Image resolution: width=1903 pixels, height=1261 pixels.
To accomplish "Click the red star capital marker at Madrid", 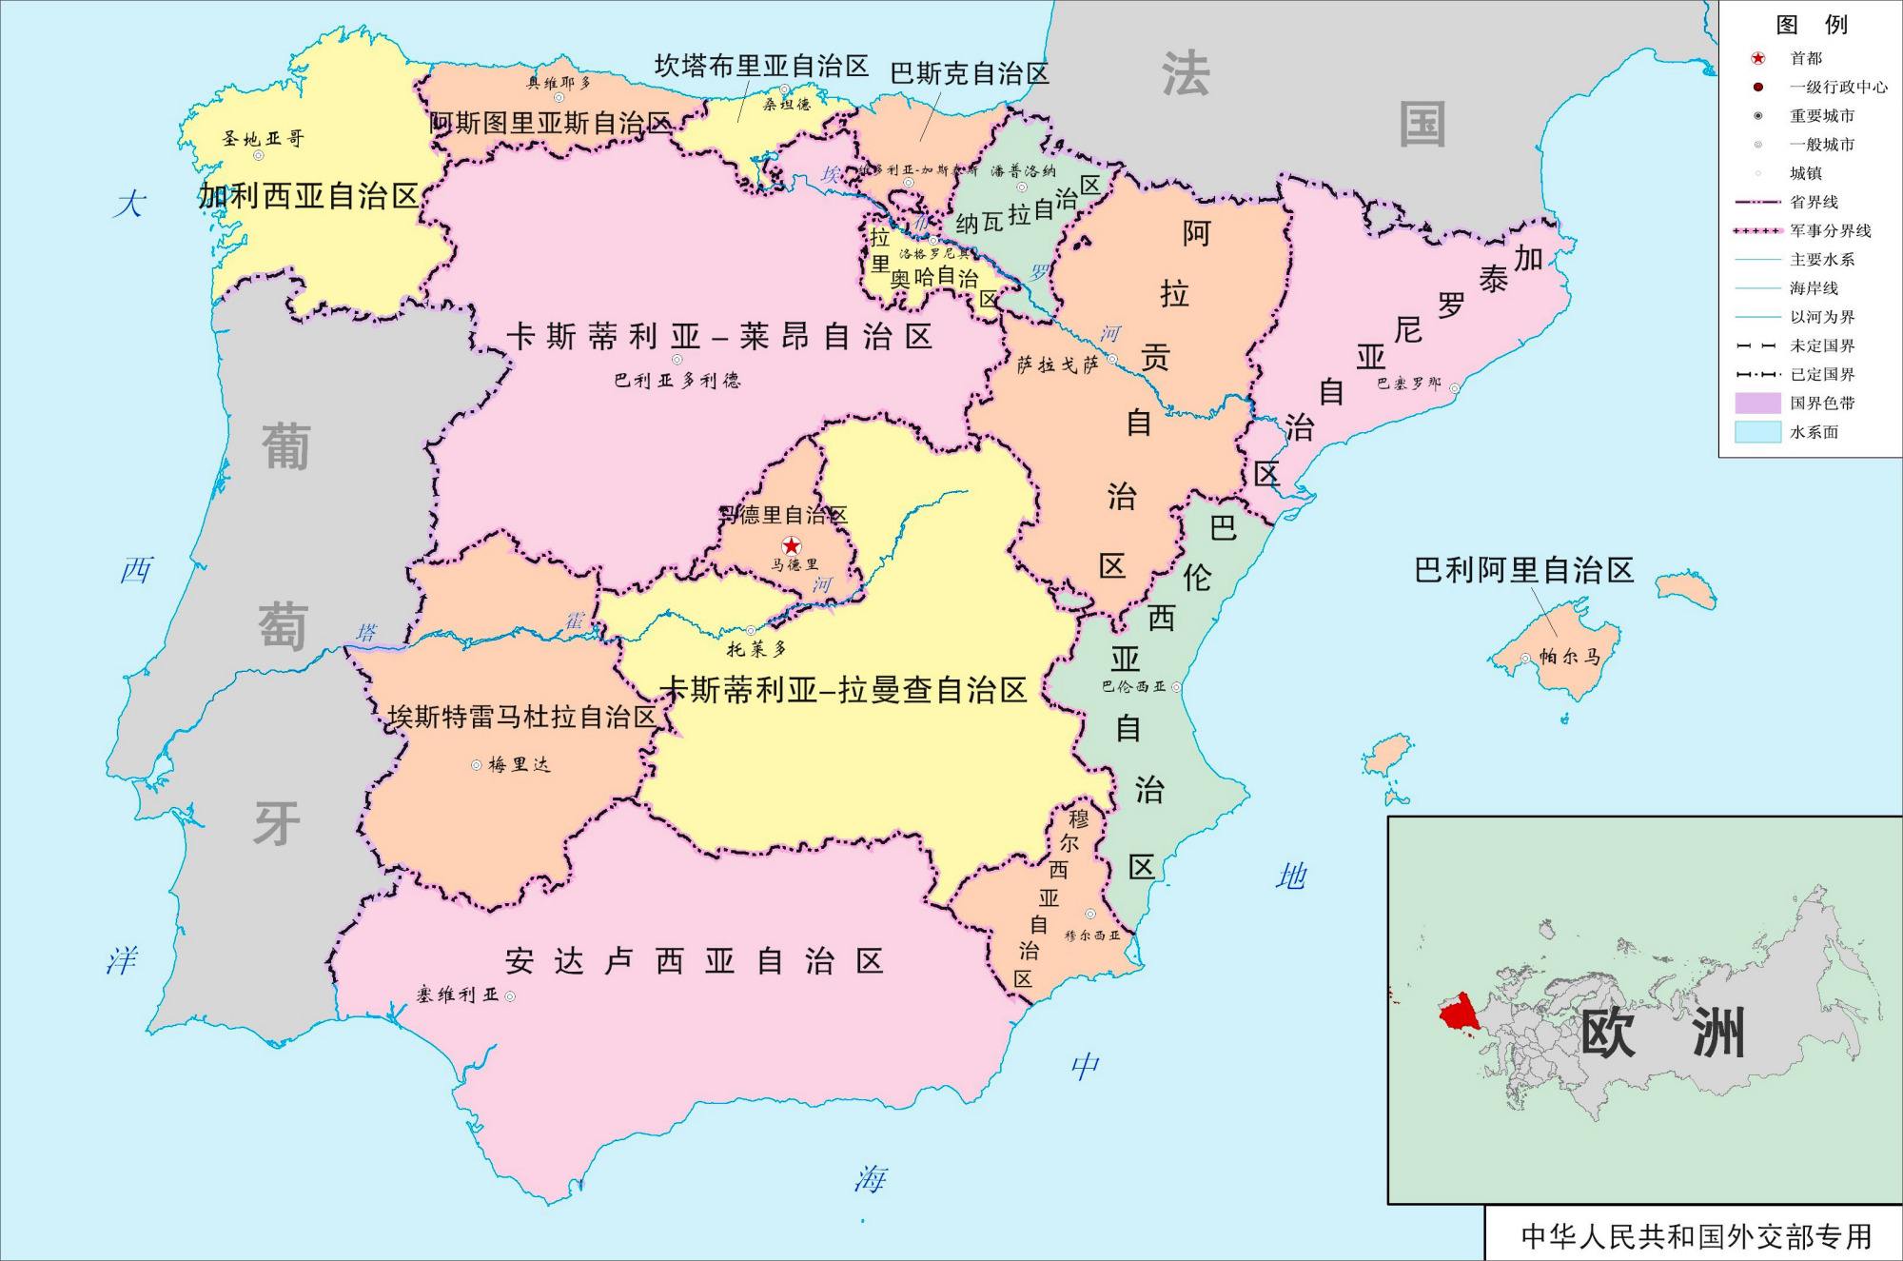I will pyautogui.click(x=791, y=545).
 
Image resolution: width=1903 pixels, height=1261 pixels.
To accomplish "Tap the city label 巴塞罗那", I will pyautogui.click(x=1408, y=384).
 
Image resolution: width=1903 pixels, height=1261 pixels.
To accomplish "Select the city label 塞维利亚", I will pyautogui.click(x=457, y=995).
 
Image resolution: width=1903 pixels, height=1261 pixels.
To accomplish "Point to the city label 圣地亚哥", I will pyautogui.click(x=263, y=139).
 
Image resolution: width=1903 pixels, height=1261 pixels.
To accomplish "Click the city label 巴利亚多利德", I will pyautogui.click(x=677, y=381).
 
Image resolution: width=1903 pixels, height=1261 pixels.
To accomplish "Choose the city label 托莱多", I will pyautogui.click(x=756, y=649).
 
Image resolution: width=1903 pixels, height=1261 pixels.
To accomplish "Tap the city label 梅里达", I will pyautogui.click(x=519, y=764).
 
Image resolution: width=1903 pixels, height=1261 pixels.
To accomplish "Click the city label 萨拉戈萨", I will pyautogui.click(x=1057, y=365).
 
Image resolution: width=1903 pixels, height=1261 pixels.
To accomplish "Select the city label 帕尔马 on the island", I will pyautogui.click(x=1569, y=657).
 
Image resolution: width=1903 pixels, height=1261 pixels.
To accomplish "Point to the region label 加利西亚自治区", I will pyautogui.click(x=308, y=196).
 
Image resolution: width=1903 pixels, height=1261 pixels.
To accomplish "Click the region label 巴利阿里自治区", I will pyautogui.click(x=1523, y=570).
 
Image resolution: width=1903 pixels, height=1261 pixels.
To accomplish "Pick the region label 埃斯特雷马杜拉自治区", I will pyautogui.click(x=521, y=717).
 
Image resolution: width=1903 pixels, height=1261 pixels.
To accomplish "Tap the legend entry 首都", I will pyautogui.click(x=1806, y=59).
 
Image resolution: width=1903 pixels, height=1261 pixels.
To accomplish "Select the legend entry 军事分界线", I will pyautogui.click(x=1830, y=231).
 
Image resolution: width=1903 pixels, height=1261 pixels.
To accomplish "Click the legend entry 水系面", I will pyautogui.click(x=1814, y=432).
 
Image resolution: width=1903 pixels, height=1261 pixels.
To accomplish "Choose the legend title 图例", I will pyautogui.click(x=1811, y=25).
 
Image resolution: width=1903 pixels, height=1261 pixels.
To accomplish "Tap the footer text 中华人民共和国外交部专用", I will pyautogui.click(x=1696, y=1236).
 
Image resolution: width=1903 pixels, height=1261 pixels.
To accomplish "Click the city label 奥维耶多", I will pyautogui.click(x=559, y=83).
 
